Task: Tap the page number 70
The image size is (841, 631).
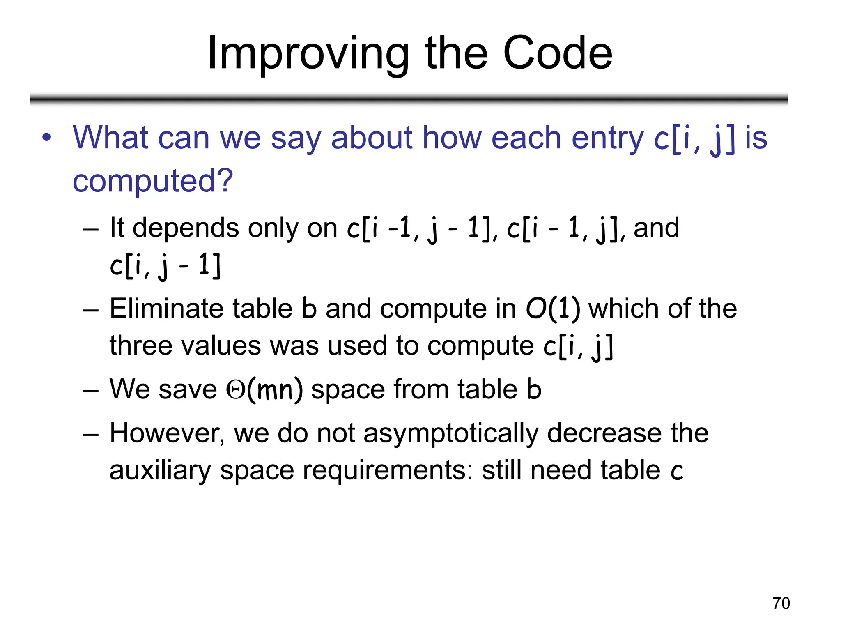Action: point(781,603)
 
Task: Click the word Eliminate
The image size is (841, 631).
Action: point(166,309)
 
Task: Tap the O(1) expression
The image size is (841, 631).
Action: point(553,309)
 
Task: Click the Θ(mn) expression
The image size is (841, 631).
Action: point(264,389)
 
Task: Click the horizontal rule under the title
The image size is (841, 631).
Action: point(409,99)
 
